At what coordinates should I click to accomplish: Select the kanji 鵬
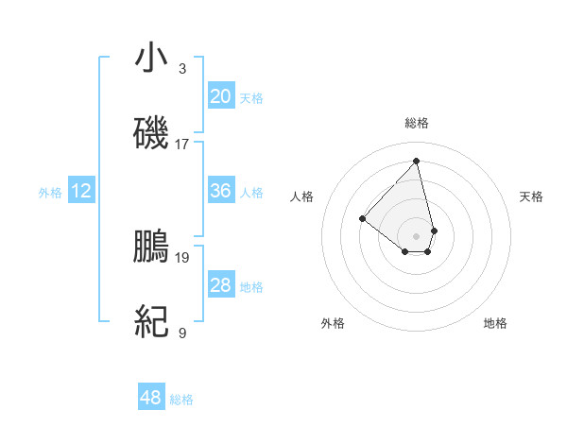(151, 247)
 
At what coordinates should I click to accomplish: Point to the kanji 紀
(151, 322)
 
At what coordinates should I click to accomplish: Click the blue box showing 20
(221, 96)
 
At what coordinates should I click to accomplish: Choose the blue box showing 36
(221, 191)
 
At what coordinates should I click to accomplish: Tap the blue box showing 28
(221, 285)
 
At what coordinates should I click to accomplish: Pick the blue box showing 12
(81, 192)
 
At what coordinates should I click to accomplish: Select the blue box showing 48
(151, 398)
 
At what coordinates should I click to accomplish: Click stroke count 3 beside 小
(181, 69)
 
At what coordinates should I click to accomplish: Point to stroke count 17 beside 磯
(182, 145)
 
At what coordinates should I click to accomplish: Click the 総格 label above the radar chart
(417, 123)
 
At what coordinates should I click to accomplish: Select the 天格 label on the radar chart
(531, 196)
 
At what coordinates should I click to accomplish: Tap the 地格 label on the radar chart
(495, 323)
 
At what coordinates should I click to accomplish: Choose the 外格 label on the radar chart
(333, 323)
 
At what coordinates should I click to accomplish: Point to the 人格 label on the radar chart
(302, 196)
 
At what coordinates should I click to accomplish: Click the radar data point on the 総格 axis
(417, 160)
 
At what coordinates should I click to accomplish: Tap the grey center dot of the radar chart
(417, 234)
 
